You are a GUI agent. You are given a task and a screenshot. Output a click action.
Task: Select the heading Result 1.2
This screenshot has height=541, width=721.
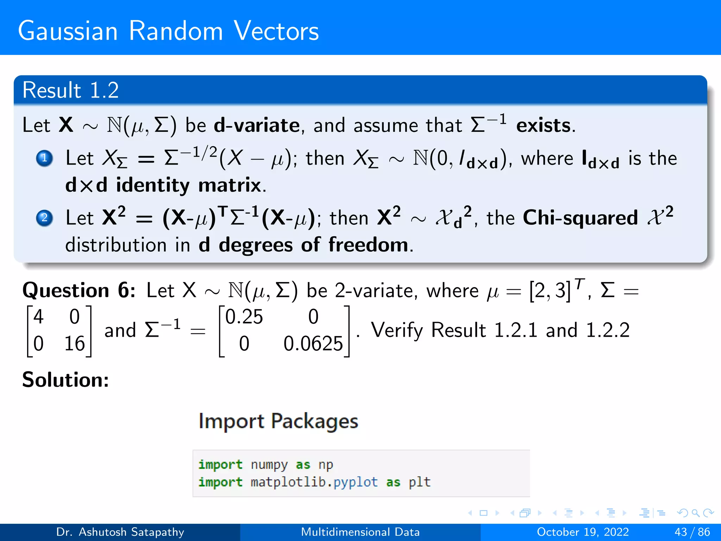pyautogui.click(x=70, y=90)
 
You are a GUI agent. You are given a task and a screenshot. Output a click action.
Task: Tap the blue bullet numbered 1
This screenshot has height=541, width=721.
pyautogui.click(x=44, y=158)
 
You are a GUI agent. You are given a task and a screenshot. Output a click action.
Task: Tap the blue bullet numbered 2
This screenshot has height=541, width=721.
pyautogui.click(x=44, y=218)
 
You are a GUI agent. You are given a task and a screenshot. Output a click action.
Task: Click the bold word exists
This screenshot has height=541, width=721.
pyautogui.click(x=545, y=125)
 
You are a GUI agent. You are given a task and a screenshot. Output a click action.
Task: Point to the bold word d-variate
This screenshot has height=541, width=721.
pyautogui.click(x=257, y=125)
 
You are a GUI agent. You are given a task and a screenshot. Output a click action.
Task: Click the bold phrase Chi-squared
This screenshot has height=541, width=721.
pyautogui.click(x=580, y=218)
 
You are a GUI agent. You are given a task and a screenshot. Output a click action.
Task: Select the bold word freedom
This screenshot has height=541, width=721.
pyautogui.click(x=368, y=244)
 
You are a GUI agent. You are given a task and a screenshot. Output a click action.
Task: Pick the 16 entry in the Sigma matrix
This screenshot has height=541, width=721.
pyautogui.click(x=75, y=343)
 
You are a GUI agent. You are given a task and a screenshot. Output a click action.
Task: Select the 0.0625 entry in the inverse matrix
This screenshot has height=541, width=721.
pyautogui.click(x=313, y=343)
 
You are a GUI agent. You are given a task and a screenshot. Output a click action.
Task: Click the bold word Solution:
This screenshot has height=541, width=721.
pyautogui.click(x=65, y=380)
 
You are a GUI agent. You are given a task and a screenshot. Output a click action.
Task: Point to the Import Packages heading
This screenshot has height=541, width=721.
pyautogui.click(x=278, y=421)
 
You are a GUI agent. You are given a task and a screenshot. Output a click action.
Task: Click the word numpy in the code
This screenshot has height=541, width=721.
pyautogui.click(x=269, y=465)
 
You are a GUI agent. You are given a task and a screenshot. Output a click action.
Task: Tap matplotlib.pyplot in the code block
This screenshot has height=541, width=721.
pyautogui.click(x=314, y=482)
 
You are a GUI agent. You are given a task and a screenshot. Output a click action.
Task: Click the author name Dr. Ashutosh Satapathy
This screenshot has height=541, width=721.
pyautogui.click(x=120, y=532)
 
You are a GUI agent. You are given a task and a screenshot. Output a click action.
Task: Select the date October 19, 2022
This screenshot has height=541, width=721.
pyautogui.click(x=583, y=532)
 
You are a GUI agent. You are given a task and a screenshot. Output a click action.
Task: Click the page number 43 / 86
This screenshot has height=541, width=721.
pyautogui.click(x=692, y=532)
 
